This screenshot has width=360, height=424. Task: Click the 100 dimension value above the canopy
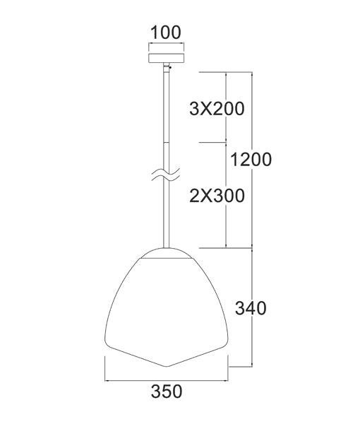[166, 32]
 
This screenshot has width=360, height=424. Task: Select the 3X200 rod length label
[217, 108]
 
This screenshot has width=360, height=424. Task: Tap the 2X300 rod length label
[217, 195]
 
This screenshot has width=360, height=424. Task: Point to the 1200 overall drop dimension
[250, 159]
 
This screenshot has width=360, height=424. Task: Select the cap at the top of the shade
[167, 253]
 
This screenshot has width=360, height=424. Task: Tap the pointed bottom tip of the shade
[167, 365]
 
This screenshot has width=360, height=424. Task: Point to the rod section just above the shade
[167, 219]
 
